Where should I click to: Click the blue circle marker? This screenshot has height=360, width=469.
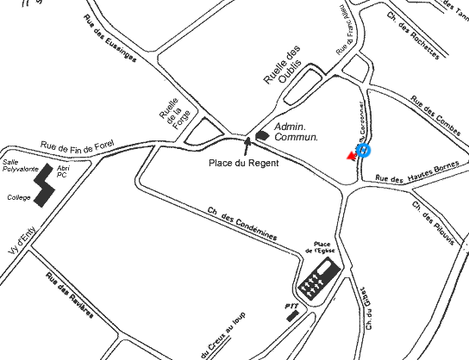click(364, 150)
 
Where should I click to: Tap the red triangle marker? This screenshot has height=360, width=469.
click(350, 156)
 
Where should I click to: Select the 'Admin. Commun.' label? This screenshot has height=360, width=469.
click(296, 132)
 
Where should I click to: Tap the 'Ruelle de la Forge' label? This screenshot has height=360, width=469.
click(172, 107)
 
